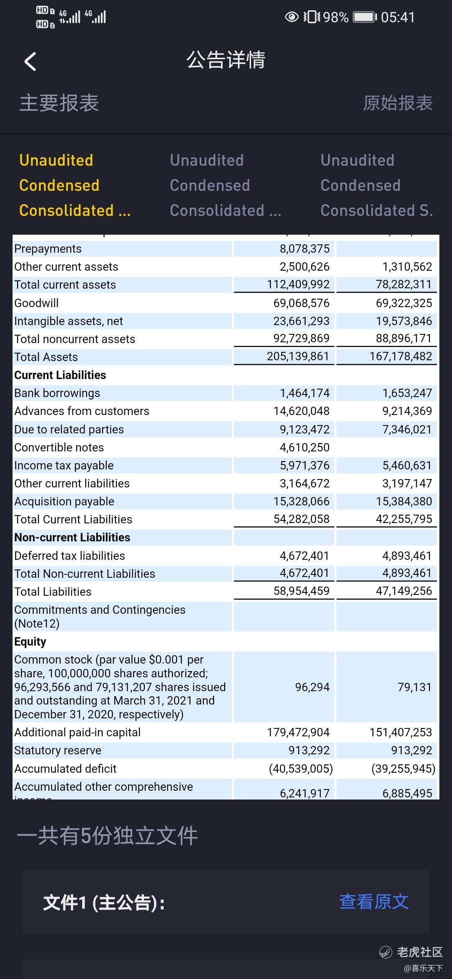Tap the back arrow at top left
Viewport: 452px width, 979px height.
[x=30, y=62]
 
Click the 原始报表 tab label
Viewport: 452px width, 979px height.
[x=398, y=103]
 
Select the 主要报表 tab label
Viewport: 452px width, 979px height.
[x=59, y=103]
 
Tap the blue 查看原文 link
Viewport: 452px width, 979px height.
[x=374, y=902]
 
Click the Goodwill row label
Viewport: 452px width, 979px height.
[x=36, y=303]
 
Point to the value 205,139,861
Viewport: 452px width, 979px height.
[x=298, y=356]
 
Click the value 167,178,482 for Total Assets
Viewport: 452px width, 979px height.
[x=401, y=356]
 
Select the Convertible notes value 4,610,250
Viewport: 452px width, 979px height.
[x=305, y=447]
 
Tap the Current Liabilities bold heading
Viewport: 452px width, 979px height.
[x=60, y=375]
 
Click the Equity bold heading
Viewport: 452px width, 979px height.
[x=30, y=642]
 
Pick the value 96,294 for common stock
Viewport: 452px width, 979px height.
[x=312, y=687]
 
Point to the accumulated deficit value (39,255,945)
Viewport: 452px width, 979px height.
[x=403, y=769]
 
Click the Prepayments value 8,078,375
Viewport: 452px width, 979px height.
[x=305, y=249]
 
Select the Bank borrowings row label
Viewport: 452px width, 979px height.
[x=57, y=393]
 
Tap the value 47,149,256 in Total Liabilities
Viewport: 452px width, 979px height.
[x=404, y=591]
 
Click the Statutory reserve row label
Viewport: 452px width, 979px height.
[x=58, y=751]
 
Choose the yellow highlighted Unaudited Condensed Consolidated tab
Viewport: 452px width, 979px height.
[x=75, y=185]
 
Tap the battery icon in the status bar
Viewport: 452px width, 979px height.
[x=365, y=17]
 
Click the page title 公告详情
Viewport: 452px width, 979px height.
[x=226, y=60]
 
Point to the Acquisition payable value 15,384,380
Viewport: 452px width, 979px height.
[x=404, y=501]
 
